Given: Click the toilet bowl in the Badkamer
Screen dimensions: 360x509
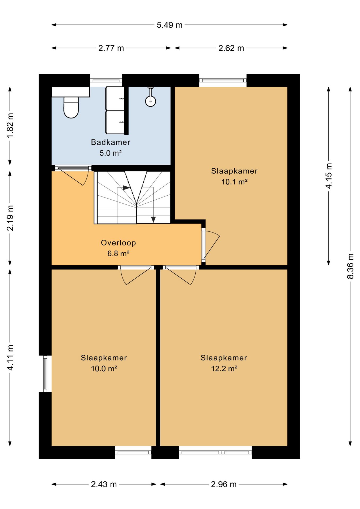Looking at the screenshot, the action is pyautogui.click(x=71, y=107).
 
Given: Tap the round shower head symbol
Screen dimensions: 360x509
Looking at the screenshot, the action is pyautogui.click(x=151, y=101).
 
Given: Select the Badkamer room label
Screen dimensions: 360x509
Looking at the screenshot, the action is pyautogui.click(x=111, y=142).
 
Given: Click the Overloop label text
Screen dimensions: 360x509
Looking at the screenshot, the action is pyautogui.click(x=118, y=243).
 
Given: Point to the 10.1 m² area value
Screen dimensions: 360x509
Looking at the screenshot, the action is pyautogui.click(x=234, y=182).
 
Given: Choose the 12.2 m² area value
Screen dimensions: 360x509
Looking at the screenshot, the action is pyautogui.click(x=224, y=368).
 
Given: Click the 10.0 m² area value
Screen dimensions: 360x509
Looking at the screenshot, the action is pyautogui.click(x=104, y=368).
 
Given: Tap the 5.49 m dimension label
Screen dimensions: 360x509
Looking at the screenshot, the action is pyautogui.click(x=170, y=25).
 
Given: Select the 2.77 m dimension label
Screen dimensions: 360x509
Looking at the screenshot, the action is pyautogui.click(x=111, y=48).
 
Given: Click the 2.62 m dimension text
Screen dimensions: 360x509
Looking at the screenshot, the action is pyautogui.click(x=231, y=48).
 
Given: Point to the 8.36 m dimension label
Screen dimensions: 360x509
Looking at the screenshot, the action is pyautogui.click(x=350, y=266).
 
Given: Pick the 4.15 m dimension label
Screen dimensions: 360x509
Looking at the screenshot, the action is pyautogui.click(x=329, y=176).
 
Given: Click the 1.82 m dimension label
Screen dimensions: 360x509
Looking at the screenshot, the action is pyautogui.click(x=10, y=126).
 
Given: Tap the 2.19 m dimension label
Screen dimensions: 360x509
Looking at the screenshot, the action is pyautogui.click(x=10, y=218).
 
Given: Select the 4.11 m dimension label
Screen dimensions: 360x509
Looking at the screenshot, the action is pyautogui.click(x=10, y=358).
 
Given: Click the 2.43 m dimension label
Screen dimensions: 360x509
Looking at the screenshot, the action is pyautogui.click(x=104, y=484).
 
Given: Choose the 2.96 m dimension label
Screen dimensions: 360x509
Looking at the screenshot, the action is pyautogui.click(x=224, y=484).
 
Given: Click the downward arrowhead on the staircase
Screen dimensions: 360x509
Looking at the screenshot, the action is pyautogui.click(x=153, y=220).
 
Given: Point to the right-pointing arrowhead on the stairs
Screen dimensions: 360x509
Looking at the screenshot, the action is pyautogui.click(x=127, y=188).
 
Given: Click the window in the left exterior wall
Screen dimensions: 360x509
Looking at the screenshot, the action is pyautogui.click(x=45, y=374).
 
